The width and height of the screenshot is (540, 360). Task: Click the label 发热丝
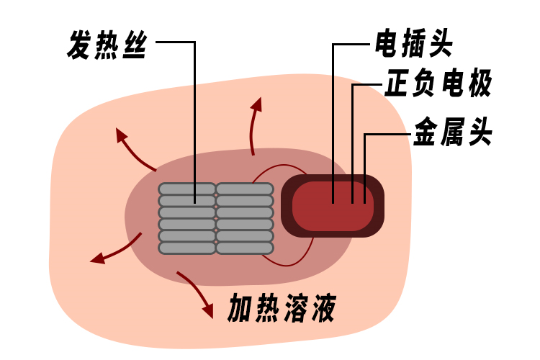coord(107,45)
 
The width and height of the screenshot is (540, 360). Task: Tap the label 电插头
coord(413,45)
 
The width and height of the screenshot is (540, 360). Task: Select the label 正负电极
coord(438,85)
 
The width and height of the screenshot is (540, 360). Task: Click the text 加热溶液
coord(282,308)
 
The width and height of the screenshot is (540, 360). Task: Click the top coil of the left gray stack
coord(187,189)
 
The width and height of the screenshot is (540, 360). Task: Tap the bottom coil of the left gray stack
coord(187,248)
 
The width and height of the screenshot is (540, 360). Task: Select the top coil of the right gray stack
coord(245,189)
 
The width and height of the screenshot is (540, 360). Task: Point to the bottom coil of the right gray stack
coord(245,248)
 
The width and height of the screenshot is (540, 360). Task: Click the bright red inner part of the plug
coord(333,206)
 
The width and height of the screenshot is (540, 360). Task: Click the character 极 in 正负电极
coord(479,85)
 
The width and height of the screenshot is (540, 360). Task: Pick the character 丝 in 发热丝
coord(134,45)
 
